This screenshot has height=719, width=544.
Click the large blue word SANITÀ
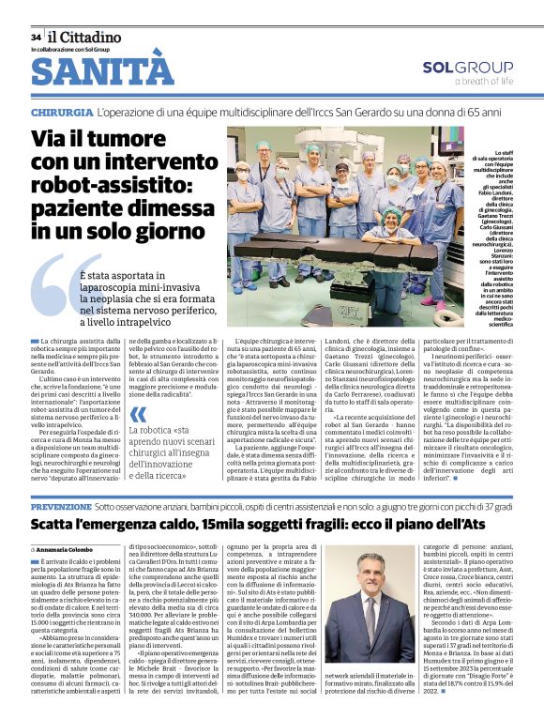tap(102, 71)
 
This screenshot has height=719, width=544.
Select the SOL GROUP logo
tap(466, 68)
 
